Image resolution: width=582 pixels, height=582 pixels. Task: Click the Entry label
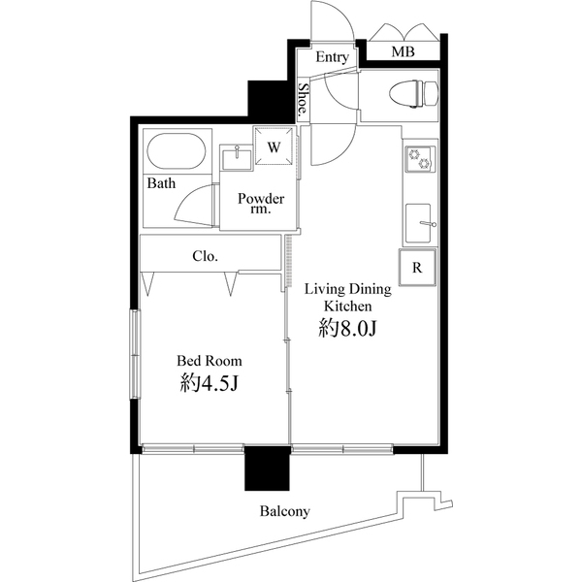(332, 57)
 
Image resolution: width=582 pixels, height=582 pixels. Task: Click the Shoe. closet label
(303, 100)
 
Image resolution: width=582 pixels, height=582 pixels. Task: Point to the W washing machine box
(275, 147)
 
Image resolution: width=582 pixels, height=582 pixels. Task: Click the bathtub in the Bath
(176, 152)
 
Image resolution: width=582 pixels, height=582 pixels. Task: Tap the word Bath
(161, 183)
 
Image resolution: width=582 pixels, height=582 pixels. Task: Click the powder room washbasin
(236, 156)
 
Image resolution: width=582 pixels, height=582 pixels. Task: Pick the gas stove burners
(419, 159)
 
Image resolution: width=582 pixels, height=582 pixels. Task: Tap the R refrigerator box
(417, 268)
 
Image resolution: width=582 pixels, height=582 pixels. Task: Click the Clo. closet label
(205, 257)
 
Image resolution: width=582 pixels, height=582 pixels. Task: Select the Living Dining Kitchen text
(347, 296)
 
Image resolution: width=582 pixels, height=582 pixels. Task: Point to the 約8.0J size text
(347, 329)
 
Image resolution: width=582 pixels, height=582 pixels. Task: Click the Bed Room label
(210, 361)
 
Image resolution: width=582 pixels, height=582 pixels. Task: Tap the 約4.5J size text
(210, 384)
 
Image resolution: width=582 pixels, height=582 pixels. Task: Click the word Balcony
(284, 511)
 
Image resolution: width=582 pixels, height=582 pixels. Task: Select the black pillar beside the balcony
(268, 471)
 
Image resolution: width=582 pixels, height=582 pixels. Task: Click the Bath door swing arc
(199, 204)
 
